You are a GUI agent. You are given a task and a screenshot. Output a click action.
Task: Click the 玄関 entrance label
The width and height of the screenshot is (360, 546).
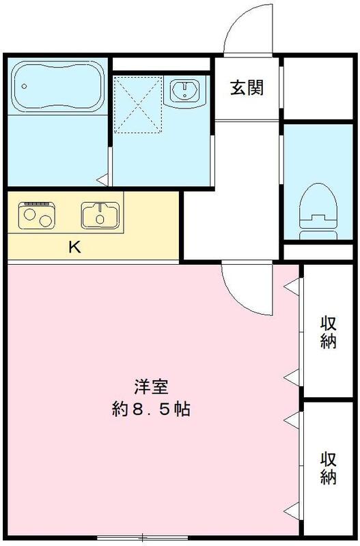pos(247,88)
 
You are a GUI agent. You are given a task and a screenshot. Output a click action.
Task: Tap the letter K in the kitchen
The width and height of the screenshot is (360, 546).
pos(74,247)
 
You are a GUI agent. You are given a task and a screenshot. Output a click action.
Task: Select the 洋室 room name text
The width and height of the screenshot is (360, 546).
pos(151,387)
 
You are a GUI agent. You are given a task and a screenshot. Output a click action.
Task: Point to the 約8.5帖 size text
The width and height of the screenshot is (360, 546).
pos(151,410)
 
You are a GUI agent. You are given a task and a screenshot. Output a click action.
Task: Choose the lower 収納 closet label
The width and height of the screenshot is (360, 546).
pos(329,468)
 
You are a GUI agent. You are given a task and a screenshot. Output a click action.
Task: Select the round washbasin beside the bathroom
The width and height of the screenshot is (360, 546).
pos(184,90)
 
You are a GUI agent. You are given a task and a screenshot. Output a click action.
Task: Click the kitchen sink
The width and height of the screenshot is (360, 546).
pos(100,216)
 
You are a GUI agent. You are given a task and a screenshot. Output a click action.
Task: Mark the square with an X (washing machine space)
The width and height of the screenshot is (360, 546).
pos(137,102)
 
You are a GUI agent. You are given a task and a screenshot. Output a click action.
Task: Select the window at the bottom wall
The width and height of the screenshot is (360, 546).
pos(141,538)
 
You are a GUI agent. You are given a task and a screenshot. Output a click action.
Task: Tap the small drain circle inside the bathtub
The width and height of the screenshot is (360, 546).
pos(25,87)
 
